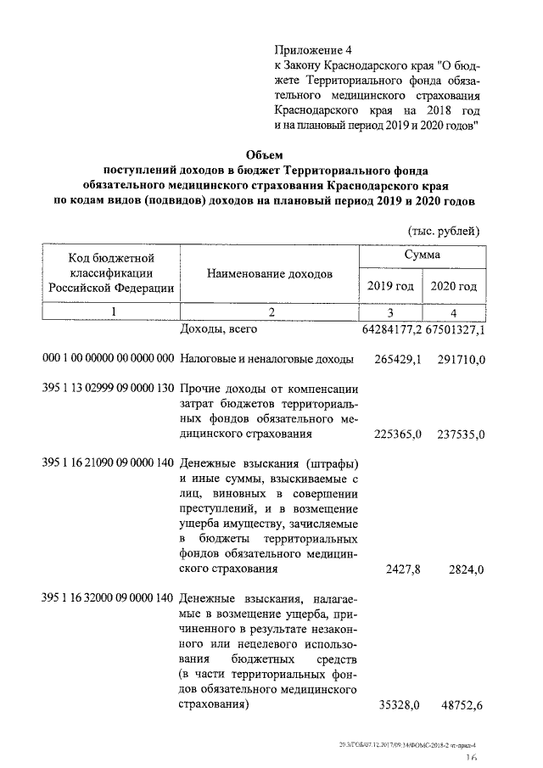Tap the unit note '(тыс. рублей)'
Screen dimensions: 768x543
pyautogui.click(x=444, y=231)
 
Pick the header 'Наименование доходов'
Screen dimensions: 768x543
pyautogui.click(x=269, y=274)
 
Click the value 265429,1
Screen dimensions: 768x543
pyautogui.click(x=398, y=360)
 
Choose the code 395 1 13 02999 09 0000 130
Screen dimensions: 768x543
pyautogui.click(x=108, y=388)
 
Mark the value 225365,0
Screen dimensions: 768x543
pyautogui.click(x=398, y=434)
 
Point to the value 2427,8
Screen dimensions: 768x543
pyautogui.click(x=404, y=569)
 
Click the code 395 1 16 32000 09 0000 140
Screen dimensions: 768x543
pyautogui.click(x=108, y=598)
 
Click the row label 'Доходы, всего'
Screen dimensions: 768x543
pyautogui.click(x=220, y=329)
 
